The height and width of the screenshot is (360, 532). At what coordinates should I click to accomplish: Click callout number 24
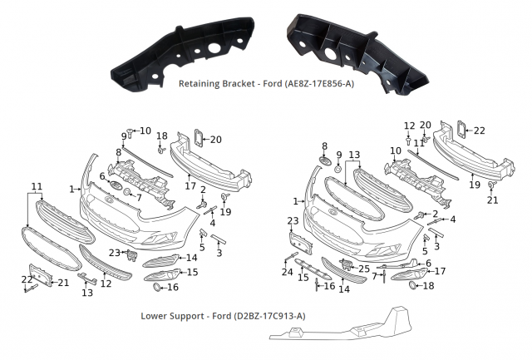[288, 272]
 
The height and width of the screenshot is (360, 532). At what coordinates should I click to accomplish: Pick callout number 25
[363, 269]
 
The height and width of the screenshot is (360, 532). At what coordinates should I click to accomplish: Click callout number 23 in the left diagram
[114, 252]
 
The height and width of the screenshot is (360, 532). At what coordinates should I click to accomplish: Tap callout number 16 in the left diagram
[173, 287]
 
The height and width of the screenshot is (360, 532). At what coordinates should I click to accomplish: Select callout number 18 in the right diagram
[429, 285]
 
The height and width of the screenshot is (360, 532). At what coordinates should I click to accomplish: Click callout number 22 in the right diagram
[479, 130]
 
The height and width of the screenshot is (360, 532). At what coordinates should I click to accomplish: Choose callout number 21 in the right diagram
[492, 200]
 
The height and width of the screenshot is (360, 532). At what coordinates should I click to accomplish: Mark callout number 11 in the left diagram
[37, 185]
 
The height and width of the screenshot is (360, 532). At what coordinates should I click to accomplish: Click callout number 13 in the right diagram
[353, 155]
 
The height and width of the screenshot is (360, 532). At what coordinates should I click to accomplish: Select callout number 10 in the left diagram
[145, 131]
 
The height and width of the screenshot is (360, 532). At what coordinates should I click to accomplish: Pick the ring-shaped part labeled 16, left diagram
[155, 287]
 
